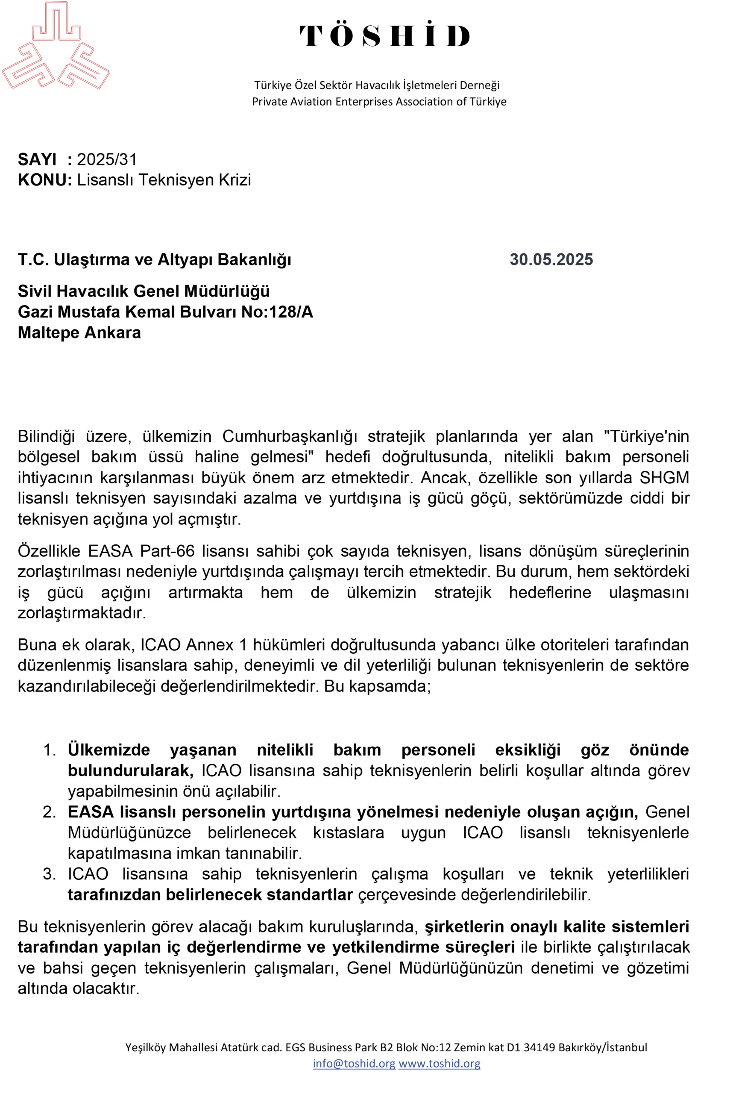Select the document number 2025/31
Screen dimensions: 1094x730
(x=107, y=159)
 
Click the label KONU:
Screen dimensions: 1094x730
(x=45, y=180)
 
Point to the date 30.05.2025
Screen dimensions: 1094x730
(x=551, y=259)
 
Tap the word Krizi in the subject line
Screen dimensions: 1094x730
(x=235, y=180)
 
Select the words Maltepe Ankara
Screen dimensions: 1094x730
(x=79, y=332)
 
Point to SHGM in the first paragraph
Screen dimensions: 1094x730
(x=664, y=478)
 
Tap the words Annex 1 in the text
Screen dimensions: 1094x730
(x=217, y=644)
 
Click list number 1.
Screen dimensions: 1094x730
(x=50, y=750)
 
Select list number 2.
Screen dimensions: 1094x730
(x=50, y=812)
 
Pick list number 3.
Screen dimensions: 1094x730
(x=50, y=874)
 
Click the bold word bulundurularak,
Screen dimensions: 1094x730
(x=130, y=771)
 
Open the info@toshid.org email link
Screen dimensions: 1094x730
(x=354, y=1063)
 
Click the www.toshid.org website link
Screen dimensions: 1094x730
(x=439, y=1063)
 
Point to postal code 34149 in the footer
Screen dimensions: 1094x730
(x=539, y=1047)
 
